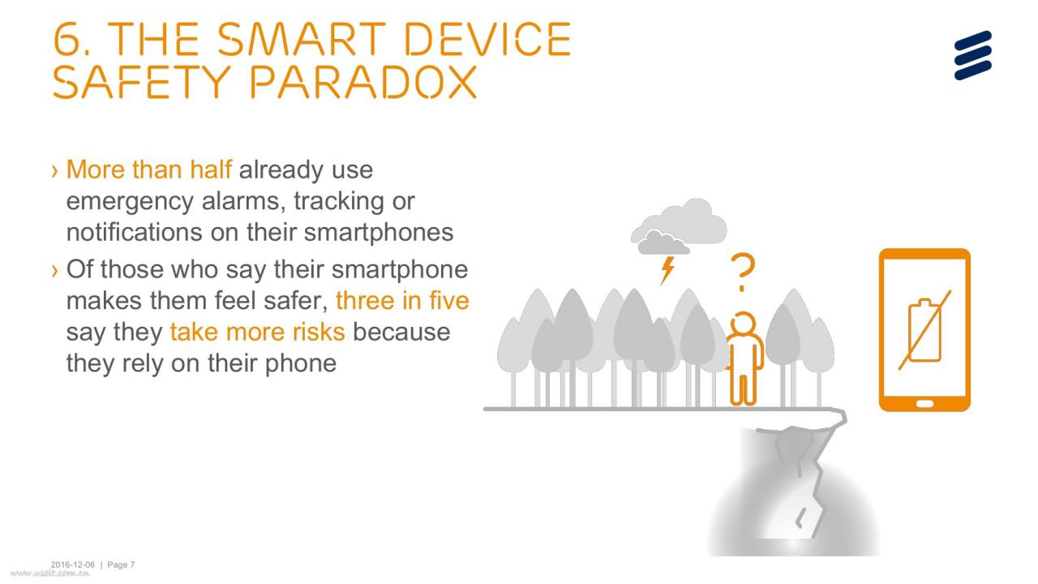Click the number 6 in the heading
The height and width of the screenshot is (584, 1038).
pos(68,40)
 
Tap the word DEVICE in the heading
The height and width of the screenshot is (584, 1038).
pos(488,40)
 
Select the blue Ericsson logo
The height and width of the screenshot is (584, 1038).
pos(972,55)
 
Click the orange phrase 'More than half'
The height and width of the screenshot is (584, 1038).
pos(148,170)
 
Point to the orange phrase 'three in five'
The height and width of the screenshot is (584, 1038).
pos(402,300)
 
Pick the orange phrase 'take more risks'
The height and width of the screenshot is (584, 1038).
pos(257,332)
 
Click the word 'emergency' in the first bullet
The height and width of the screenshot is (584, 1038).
pos(130,202)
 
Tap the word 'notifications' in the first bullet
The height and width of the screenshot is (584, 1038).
pos(135,232)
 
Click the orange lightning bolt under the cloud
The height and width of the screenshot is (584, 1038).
pos(667,270)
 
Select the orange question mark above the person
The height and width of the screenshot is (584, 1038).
pos(742,272)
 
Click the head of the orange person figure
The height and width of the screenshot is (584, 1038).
pos(744,323)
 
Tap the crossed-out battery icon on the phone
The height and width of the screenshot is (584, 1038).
pos(925,330)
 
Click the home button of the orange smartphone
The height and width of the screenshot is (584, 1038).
pos(925,404)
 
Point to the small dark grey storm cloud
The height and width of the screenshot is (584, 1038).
pos(663,243)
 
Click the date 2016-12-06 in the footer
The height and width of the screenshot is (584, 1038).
pos(72,565)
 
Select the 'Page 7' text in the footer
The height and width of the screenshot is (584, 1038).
pos(121,565)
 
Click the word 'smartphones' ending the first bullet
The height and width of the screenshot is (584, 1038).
pos(379,232)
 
